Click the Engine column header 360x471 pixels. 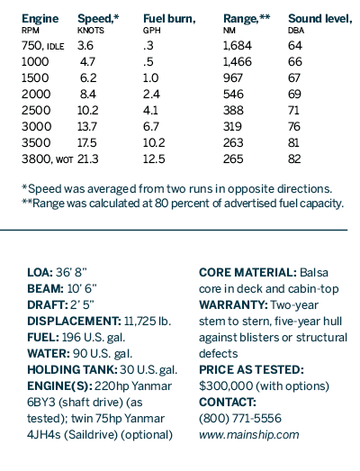pos(40,19)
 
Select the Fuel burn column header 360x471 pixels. pos(169,19)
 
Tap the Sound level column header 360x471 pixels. pos(320,19)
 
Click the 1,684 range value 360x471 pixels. pos(238,46)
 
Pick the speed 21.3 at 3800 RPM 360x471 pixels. pos(87,159)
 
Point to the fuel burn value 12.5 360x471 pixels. pos(154,159)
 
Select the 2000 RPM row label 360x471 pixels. pos(36,94)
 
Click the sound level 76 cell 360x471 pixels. pos(294,126)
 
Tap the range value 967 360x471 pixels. pos(233,77)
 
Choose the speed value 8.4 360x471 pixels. pos(88,94)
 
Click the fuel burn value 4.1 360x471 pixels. pos(150,110)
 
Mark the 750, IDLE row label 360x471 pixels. pos(42,46)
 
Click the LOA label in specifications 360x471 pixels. pos(40,273)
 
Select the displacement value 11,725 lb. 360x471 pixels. pos(147,322)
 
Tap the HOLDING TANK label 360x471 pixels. pos(72,370)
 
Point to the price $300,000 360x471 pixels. pos(226,386)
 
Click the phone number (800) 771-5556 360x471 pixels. pos(240,419)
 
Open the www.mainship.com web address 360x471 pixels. pos(249,435)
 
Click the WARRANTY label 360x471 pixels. pos(233,305)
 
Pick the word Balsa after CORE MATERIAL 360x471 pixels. pos(314,273)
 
